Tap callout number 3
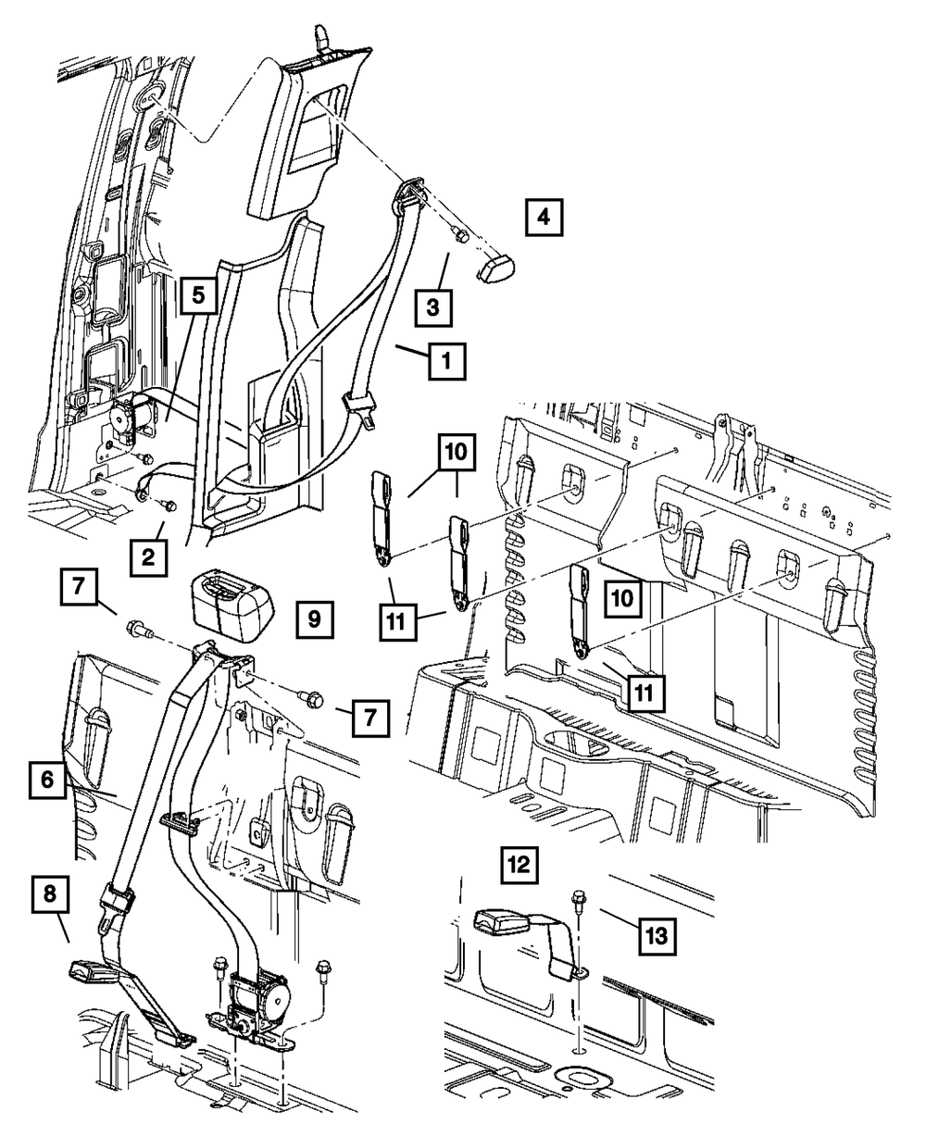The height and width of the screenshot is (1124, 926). [x=432, y=305]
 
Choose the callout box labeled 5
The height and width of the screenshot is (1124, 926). [x=199, y=296]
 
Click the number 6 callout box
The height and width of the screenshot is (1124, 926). [x=46, y=780]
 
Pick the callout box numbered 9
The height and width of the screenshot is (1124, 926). [x=314, y=618]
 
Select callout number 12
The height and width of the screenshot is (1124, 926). [x=519, y=865]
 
